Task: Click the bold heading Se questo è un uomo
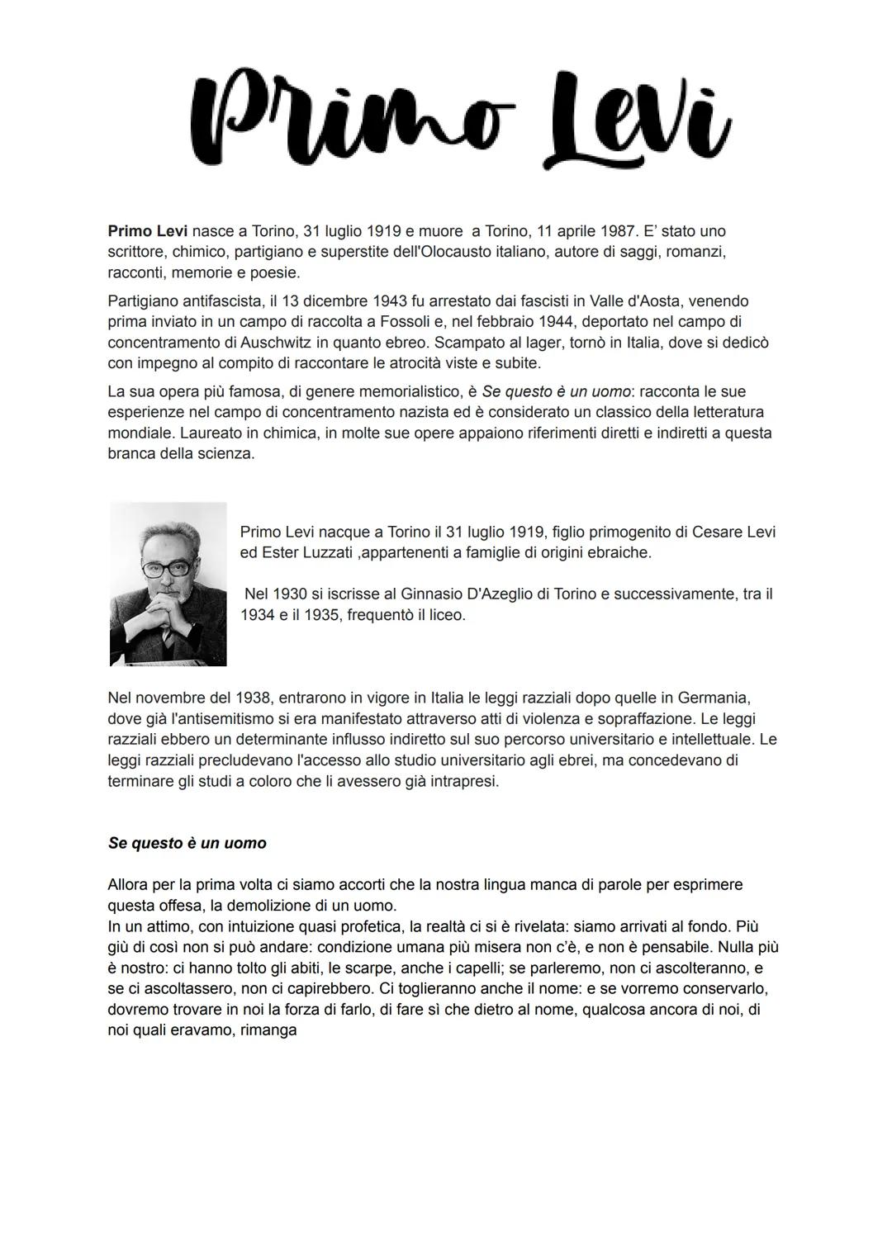click(x=187, y=843)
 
